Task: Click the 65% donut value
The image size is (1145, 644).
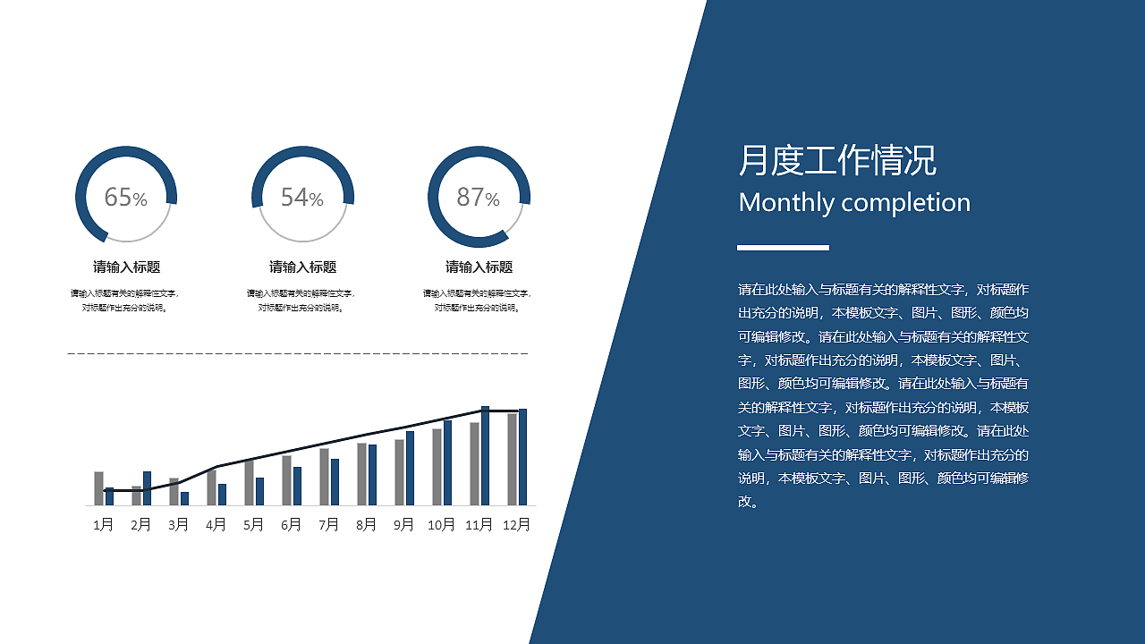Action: coord(125,198)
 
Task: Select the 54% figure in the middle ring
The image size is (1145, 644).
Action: coord(301,198)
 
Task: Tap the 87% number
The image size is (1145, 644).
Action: coord(478,198)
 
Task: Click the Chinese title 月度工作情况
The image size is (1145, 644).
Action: coord(837,161)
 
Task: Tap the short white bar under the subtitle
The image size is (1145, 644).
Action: coord(783,247)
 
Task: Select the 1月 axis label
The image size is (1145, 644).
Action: coord(104,525)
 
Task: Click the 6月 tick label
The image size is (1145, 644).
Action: coord(292,525)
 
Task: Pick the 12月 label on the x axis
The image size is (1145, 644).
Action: coord(517,525)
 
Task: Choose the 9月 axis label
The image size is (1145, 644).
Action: coord(404,525)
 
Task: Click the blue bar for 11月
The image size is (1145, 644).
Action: coord(485,456)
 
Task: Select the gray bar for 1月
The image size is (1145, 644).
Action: coord(98,488)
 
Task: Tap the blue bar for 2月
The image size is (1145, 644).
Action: coord(147,488)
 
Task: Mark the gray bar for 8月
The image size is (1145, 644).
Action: coord(361,474)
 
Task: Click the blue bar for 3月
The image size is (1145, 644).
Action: coord(184,499)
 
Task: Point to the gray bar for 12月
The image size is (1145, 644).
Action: coord(512,460)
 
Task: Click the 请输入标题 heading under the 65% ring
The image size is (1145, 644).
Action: coord(126,267)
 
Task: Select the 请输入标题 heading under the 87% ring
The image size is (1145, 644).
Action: coord(479,267)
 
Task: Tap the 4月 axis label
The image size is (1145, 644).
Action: coord(216,525)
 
